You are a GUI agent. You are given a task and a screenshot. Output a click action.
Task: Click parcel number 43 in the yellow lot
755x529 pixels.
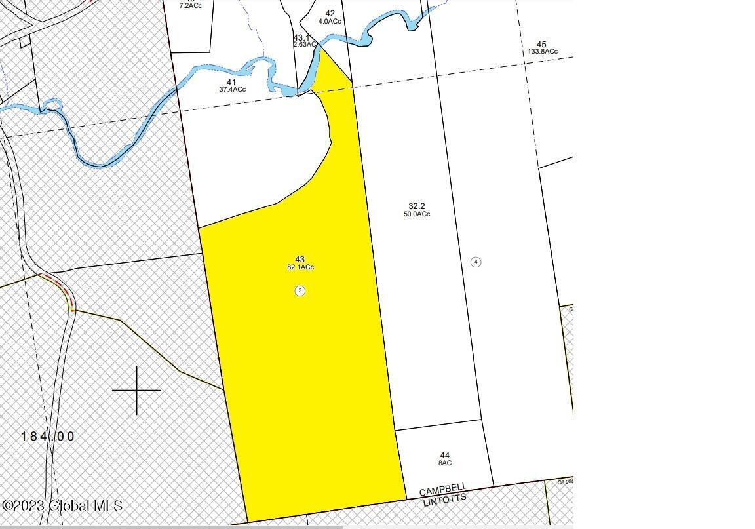pyautogui.click(x=300, y=260)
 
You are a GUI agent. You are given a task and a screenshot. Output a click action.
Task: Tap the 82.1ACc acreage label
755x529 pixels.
pyautogui.click(x=300, y=267)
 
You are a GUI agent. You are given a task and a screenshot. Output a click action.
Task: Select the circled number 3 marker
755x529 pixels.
pyautogui.click(x=300, y=290)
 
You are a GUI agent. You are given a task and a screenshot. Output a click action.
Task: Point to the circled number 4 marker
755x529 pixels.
pyautogui.click(x=476, y=262)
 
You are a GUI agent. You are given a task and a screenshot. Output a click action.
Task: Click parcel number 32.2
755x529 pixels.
pyautogui.click(x=417, y=206)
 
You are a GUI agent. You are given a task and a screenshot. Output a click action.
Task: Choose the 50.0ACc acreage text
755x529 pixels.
pyautogui.click(x=417, y=214)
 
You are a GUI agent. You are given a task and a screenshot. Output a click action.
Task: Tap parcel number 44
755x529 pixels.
pyautogui.click(x=445, y=455)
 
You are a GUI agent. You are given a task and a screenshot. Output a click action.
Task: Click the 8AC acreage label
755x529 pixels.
pyautogui.click(x=445, y=463)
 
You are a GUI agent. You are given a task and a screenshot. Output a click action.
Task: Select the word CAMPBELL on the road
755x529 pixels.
pyautogui.click(x=443, y=490)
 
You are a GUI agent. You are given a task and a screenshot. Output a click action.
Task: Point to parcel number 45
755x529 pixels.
pyautogui.click(x=541, y=44)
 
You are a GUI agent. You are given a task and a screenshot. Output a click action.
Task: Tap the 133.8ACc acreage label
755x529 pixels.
pyautogui.click(x=542, y=52)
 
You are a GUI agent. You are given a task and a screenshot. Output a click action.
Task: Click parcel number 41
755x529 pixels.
pyautogui.click(x=231, y=82)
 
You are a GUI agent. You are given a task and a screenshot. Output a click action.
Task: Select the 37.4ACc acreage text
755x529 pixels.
pyautogui.click(x=232, y=90)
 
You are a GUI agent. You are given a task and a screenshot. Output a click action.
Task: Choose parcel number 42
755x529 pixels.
pyautogui.click(x=330, y=13)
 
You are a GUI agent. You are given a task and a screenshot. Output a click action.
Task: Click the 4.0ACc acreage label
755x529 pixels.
pyautogui.click(x=330, y=22)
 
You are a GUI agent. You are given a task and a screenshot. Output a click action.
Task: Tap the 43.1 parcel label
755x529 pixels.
pyautogui.click(x=301, y=37)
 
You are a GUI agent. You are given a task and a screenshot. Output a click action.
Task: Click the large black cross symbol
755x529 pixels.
pyautogui.click(x=136, y=391)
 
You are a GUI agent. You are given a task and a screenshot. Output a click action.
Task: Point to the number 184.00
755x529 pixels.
pyautogui.click(x=48, y=437)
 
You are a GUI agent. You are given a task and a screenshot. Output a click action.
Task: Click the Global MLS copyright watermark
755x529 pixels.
pyautogui.click(x=62, y=506)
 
